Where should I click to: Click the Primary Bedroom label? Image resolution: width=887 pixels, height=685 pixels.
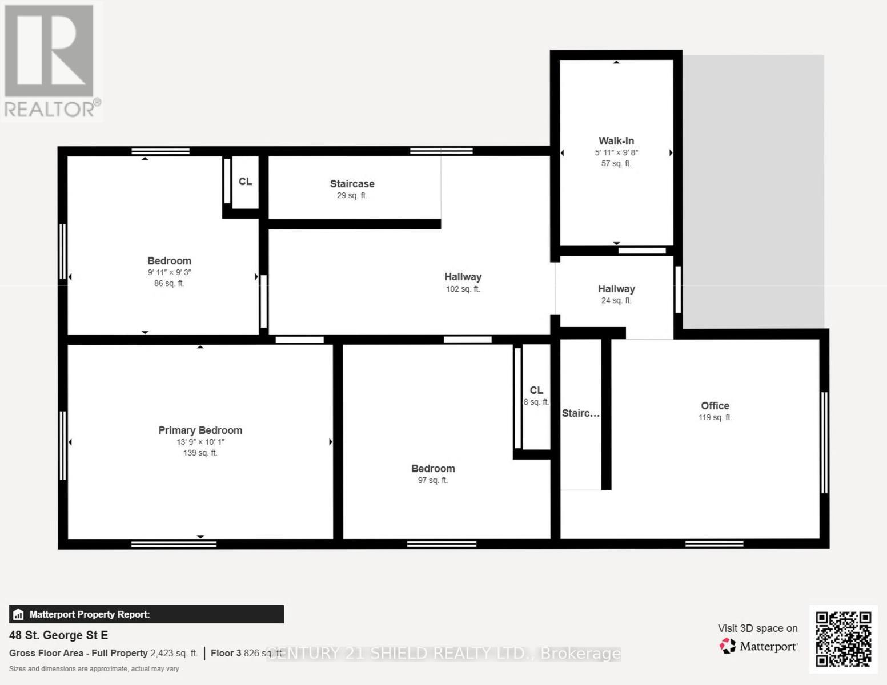[x=200, y=430]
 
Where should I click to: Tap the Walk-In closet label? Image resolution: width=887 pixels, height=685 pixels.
[x=616, y=141]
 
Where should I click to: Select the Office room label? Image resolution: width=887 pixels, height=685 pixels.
[x=715, y=406]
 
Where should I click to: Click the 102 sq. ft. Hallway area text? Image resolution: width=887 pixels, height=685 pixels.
[x=463, y=289]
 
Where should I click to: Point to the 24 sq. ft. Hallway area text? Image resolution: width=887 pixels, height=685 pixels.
[x=616, y=301]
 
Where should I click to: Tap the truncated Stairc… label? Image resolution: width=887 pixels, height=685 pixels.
[x=580, y=413]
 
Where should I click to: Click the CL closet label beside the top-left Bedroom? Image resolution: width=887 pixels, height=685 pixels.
[x=245, y=182]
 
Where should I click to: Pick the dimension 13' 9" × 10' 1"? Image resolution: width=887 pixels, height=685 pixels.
[x=200, y=442]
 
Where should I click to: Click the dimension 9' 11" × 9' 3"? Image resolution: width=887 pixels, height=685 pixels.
[x=169, y=272]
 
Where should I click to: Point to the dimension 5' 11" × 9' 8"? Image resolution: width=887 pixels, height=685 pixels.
[x=616, y=152]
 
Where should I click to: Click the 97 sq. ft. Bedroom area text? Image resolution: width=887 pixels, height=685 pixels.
[x=432, y=481]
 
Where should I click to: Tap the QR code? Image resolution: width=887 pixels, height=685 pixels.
[x=843, y=639]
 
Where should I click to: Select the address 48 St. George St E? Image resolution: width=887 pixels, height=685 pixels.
[x=58, y=635]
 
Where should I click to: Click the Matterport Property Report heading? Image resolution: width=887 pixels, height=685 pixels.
[x=89, y=615]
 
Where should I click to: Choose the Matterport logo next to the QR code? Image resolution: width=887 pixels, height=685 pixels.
[x=758, y=646]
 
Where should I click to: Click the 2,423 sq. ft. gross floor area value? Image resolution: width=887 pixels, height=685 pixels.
[x=174, y=653]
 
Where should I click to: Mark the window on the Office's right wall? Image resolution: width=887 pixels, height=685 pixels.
[x=824, y=442]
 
